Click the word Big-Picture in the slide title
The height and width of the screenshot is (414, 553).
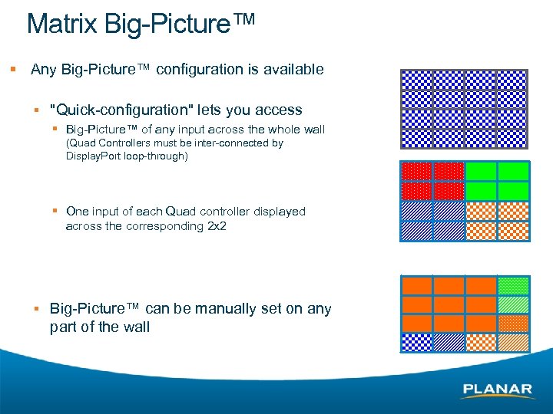pyautogui.click(x=167, y=24)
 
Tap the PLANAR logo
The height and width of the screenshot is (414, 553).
pyautogui.click(x=497, y=389)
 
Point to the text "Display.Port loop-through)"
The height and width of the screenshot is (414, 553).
pyautogui.click(x=127, y=156)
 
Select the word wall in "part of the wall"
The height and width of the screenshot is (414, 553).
pyautogui.click(x=134, y=327)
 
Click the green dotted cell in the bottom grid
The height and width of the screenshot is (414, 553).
pyautogui.click(x=512, y=286)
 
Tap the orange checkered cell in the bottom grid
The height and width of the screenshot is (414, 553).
pyautogui.click(x=480, y=342)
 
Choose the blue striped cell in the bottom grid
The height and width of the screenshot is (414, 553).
pyautogui.click(x=449, y=342)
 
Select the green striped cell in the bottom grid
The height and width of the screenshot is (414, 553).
pyautogui.click(x=512, y=304)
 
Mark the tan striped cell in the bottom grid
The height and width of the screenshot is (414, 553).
pyautogui.click(x=512, y=342)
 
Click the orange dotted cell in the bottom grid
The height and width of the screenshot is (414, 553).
pyautogui.click(x=512, y=323)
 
